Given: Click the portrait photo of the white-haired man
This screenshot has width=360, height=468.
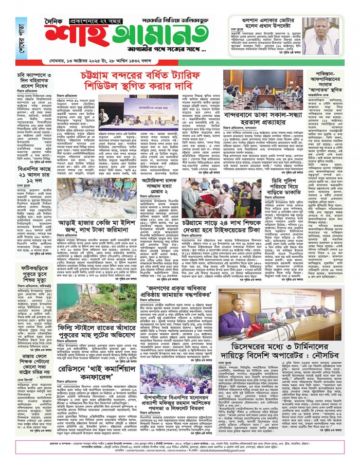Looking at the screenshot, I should click(x=322, y=36).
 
